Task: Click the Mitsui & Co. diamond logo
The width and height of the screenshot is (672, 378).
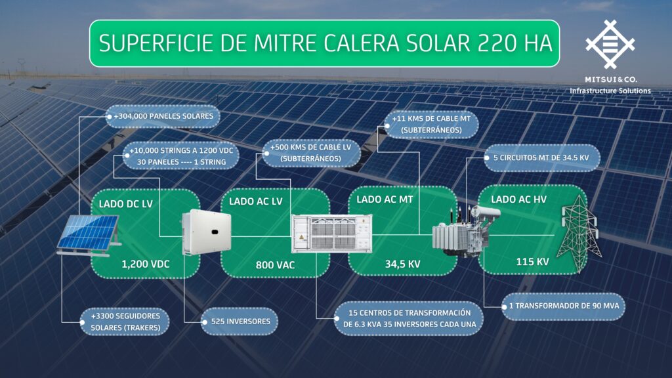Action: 610,45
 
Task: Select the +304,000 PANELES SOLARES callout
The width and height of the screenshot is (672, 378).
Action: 163,116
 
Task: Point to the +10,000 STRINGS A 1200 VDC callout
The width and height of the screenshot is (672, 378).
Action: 181,156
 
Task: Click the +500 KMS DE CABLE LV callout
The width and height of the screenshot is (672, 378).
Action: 310,152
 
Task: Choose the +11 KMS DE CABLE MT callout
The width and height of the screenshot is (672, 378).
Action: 430,124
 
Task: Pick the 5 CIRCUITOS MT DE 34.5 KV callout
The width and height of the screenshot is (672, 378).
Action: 541,157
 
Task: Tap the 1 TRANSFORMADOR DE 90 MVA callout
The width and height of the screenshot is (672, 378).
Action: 563,306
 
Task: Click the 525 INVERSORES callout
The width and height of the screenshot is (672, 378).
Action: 239,322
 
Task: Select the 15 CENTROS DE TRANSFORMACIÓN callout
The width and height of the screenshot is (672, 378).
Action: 409,318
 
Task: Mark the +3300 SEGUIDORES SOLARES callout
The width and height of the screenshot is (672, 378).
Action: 125,322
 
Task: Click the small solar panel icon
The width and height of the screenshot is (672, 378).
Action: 89,236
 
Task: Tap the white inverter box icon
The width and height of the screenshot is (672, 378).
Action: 206,232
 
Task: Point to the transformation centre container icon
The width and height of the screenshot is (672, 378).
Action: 331,234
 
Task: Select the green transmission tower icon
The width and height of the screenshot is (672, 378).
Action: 580,234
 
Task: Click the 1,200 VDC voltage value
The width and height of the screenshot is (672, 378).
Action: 146,264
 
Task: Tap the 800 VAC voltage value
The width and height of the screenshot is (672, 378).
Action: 275,265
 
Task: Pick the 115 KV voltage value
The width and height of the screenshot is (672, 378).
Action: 532,261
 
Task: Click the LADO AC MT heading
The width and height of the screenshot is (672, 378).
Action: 385,199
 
